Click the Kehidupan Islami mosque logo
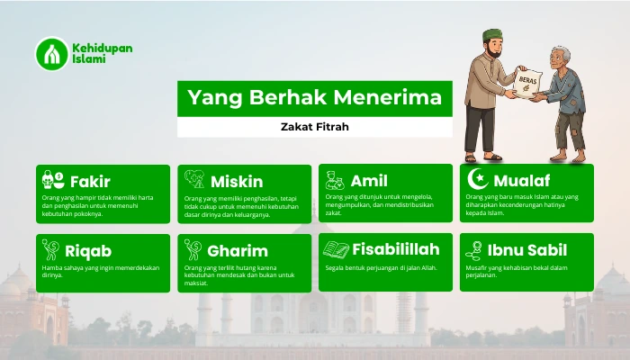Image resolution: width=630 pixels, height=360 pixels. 52,53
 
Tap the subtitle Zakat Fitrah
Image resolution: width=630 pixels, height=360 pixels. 314,128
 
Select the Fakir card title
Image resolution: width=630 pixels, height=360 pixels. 90,181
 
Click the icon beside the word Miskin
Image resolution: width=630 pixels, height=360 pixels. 194,180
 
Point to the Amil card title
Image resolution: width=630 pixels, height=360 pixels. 369,181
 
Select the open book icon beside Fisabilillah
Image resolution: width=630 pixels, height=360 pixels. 336,249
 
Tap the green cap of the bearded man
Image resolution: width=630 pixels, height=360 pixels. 492,36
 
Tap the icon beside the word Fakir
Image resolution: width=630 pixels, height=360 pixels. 52,180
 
